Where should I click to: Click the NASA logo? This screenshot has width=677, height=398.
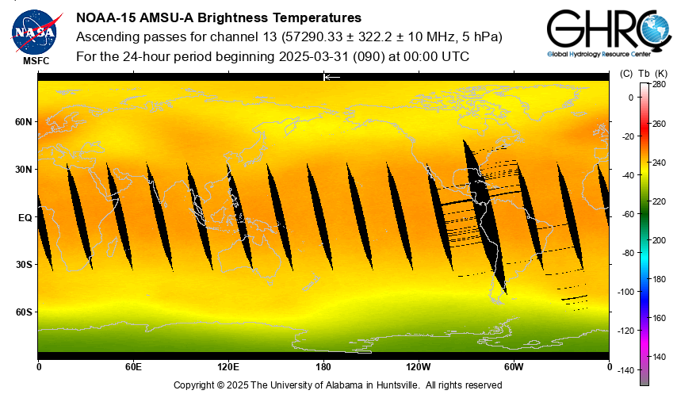[x=34, y=28]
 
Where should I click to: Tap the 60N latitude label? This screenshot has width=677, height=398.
[x=23, y=122]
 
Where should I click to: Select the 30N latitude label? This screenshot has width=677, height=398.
[x=23, y=170]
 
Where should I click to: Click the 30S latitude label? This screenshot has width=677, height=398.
[x=23, y=264]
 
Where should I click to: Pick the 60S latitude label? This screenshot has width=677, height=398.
[x=23, y=312]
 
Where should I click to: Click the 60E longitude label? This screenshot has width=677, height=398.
[x=133, y=367]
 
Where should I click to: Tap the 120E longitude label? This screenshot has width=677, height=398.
[x=228, y=367]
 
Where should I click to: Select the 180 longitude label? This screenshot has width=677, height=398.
[x=323, y=367]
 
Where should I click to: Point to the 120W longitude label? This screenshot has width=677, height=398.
[x=419, y=367]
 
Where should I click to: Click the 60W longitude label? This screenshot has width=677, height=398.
[x=514, y=367]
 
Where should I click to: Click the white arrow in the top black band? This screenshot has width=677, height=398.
[x=331, y=77]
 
